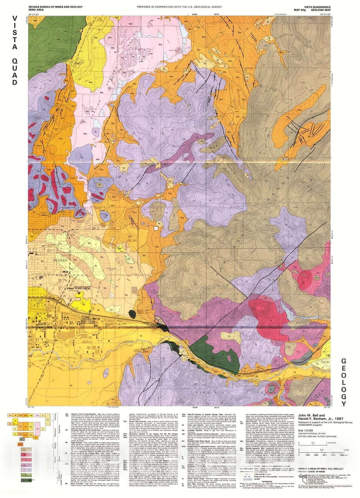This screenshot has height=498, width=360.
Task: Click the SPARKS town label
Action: pos(60,260)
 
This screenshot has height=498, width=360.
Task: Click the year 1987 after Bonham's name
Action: pos(338,419)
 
